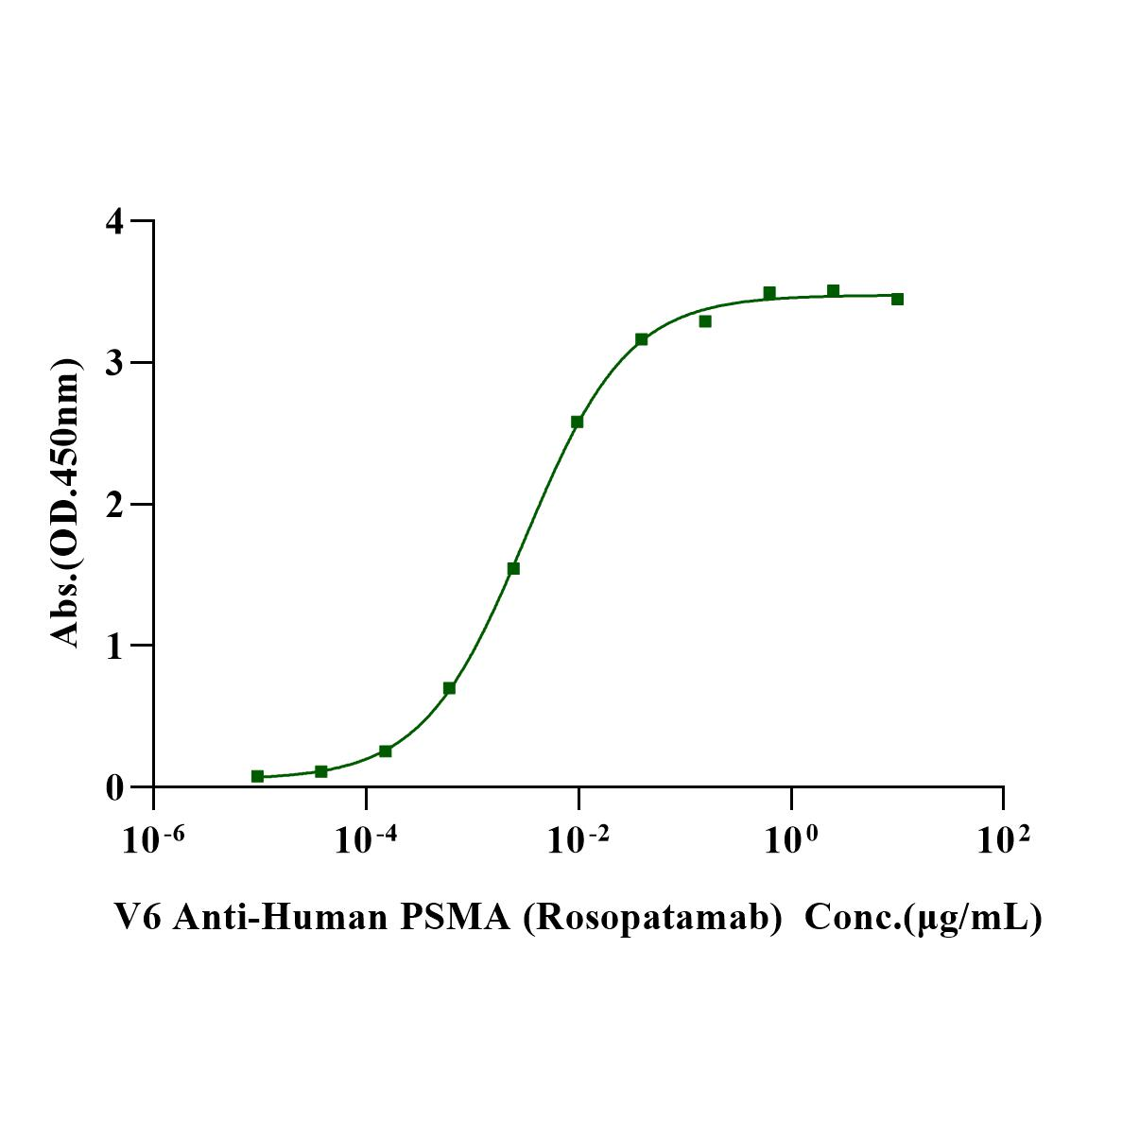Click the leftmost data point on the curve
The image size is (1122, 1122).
point(257,776)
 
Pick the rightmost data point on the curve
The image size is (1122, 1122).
point(897,299)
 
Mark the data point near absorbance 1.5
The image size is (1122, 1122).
point(513,568)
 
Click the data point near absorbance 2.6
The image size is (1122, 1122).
point(577,422)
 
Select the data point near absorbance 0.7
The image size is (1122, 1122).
point(449,688)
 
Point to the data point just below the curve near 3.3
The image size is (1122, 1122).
point(705,321)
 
